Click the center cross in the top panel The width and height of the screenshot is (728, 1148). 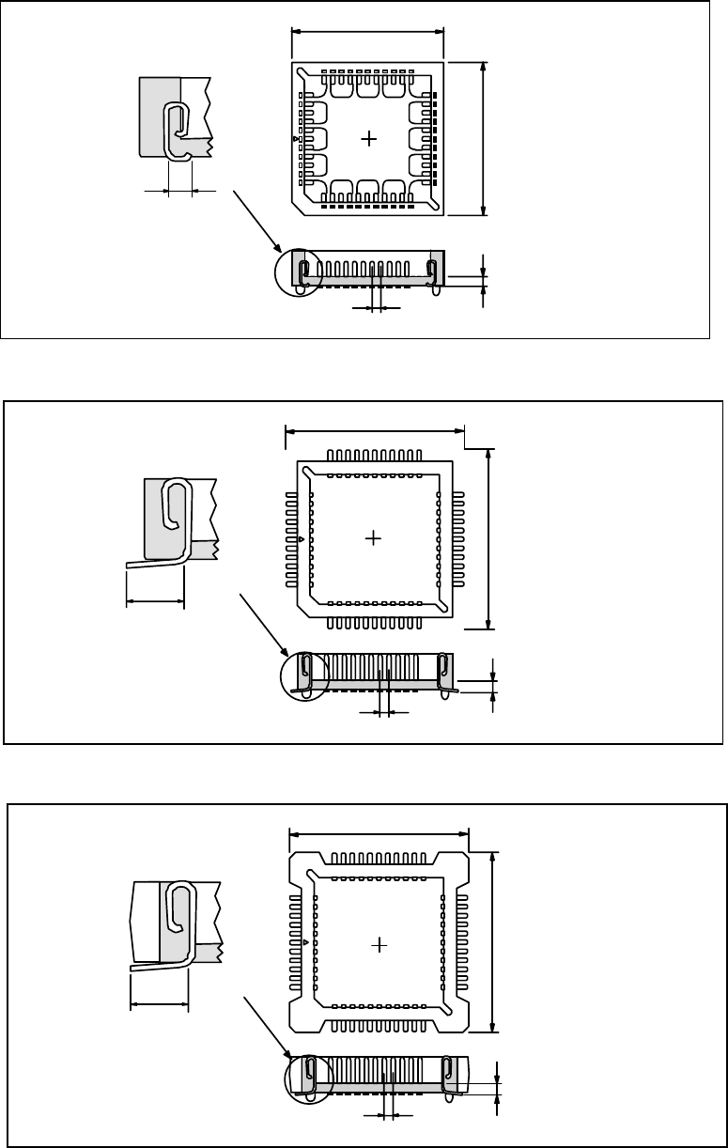tap(369, 139)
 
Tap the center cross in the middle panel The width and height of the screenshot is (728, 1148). tap(375, 538)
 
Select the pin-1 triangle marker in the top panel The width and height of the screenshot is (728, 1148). tap(297, 139)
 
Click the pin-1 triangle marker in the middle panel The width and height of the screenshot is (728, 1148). tap(300, 540)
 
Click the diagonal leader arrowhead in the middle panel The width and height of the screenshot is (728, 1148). tap(287, 653)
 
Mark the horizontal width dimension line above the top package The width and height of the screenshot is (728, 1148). tap(368, 30)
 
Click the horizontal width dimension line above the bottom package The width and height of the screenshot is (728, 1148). tap(379, 833)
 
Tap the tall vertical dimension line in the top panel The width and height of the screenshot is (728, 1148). tap(483, 138)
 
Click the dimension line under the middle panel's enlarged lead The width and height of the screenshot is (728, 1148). tap(155, 599)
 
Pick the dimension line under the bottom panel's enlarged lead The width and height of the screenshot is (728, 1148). tap(160, 1003)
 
